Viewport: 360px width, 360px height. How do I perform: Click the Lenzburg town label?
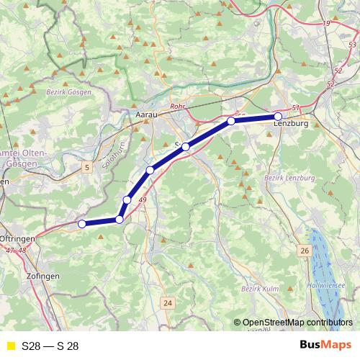(x=291, y=125)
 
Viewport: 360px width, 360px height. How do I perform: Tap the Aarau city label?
(x=146, y=114)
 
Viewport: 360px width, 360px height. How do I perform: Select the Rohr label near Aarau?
(x=178, y=107)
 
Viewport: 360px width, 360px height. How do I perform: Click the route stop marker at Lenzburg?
(x=278, y=116)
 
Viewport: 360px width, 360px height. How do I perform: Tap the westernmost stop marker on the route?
(x=81, y=224)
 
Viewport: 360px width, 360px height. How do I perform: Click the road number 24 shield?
(x=167, y=302)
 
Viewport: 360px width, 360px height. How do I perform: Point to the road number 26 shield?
(x=305, y=251)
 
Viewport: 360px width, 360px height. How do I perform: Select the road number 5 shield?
(x=88, y=168)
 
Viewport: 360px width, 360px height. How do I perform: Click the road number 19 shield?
(x=327, y=24)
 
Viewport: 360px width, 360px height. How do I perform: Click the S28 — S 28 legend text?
(x=50, y=346)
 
